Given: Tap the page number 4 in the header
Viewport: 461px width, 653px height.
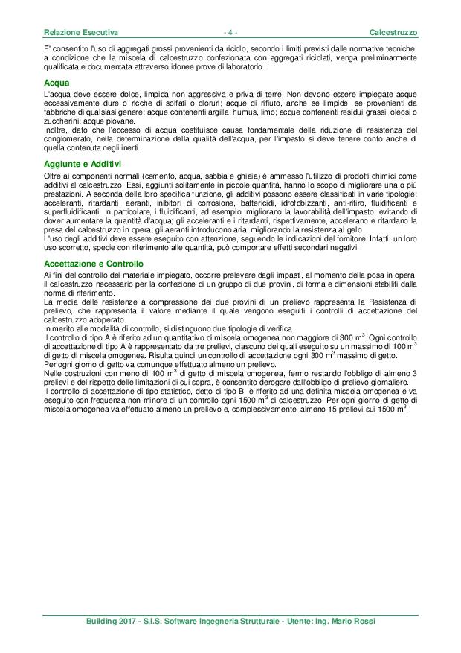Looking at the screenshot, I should click(230, 34).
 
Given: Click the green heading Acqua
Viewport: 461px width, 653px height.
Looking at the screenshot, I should click(57, 82).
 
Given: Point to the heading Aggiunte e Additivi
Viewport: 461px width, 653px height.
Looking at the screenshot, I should click(83, 163).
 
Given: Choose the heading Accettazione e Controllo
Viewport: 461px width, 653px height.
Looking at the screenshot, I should click(94, 264).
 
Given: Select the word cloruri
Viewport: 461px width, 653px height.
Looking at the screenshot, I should click(222, 103).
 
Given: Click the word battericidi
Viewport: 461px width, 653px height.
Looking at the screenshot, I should click(257, 203).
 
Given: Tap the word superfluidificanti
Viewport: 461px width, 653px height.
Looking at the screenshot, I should click(73, 211).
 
